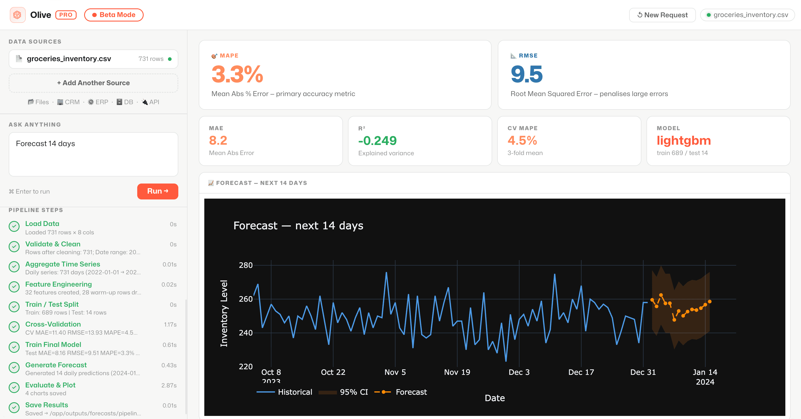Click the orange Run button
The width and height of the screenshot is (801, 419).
coord(157,191)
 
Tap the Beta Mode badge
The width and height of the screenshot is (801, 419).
coord(113,15)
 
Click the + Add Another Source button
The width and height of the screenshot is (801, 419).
coord(93,83)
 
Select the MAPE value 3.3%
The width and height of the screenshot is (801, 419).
coord(237,75)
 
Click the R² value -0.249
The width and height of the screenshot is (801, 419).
coord(377,141)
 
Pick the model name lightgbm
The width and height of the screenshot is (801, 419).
coord(683,141)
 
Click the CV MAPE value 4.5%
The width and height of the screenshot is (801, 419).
coord(522,141)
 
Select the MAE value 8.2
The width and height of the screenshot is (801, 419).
coord(218,141)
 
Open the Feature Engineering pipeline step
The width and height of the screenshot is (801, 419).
coord(58,284)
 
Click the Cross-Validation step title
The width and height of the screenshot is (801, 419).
coord(53,324)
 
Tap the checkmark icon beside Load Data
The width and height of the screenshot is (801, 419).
coord(14,226)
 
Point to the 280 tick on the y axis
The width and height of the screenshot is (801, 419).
coord(245,265)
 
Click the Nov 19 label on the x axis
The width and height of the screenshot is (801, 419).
coord(457,372)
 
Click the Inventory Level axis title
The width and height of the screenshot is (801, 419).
coord(224,313)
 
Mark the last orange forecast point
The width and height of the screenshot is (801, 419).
coord(710,301)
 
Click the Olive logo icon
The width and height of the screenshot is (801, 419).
coord(17,15)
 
